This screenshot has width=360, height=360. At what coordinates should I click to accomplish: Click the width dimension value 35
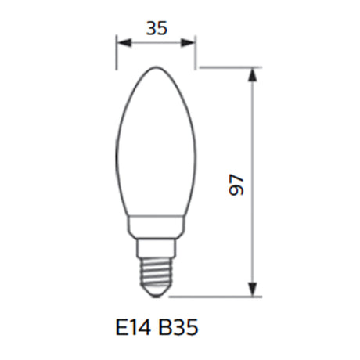point(157,28)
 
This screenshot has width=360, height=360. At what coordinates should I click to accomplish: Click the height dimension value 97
point(236,185)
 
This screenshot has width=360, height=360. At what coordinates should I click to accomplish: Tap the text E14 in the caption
point(133,328)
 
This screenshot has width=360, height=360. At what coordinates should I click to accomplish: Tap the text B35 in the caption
point(178,328)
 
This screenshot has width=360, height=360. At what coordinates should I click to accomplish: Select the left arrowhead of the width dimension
point(124,43)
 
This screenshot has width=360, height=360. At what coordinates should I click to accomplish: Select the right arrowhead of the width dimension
point(188,43)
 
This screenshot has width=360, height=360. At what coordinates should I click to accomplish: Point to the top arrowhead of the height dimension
point(253,75)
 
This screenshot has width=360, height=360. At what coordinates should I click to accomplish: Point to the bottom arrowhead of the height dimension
point(253,289)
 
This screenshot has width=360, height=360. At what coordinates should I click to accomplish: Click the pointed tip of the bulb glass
point(156,67)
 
